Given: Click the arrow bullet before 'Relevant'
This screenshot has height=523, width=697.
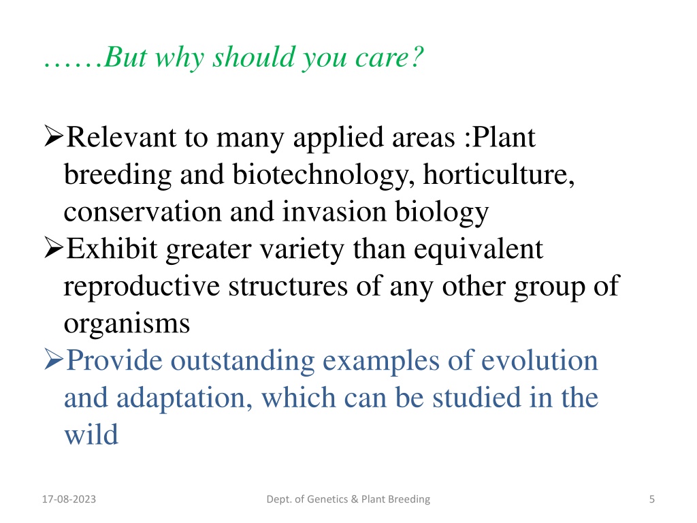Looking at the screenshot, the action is coord(54,136).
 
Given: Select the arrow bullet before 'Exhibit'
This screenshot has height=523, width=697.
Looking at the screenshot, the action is coord(54,248).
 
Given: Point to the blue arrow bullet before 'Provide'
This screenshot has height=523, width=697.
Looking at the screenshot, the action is coord(54,360).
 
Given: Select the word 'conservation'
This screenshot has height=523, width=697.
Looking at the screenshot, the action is coord(142,212).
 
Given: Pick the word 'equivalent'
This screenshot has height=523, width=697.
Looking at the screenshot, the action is coord(479,249).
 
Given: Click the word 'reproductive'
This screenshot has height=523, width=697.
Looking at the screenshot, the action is coord(142,287).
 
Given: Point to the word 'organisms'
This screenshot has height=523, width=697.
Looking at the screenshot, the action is coord(127,323).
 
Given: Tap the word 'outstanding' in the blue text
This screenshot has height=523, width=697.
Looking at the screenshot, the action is coord(243,361).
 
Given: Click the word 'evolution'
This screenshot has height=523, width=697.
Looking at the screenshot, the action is coord(540,360).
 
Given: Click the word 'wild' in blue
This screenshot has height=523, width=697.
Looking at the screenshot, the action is coord(91,434).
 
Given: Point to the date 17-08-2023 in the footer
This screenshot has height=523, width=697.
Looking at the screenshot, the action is coord(69,499).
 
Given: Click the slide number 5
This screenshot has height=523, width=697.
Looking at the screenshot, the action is coord(651,499).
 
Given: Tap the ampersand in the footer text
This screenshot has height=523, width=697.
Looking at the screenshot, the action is coord(354,499).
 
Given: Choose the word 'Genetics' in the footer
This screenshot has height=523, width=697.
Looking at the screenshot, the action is coord(327,499).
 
